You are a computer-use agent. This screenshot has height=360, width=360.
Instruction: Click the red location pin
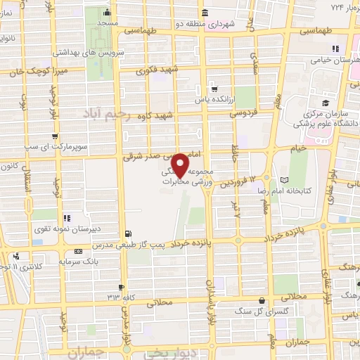pos(180,165)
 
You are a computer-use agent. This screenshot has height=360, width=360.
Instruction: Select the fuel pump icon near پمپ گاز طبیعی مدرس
pos(127,234)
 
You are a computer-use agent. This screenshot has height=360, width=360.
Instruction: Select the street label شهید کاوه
pos(156,115)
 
